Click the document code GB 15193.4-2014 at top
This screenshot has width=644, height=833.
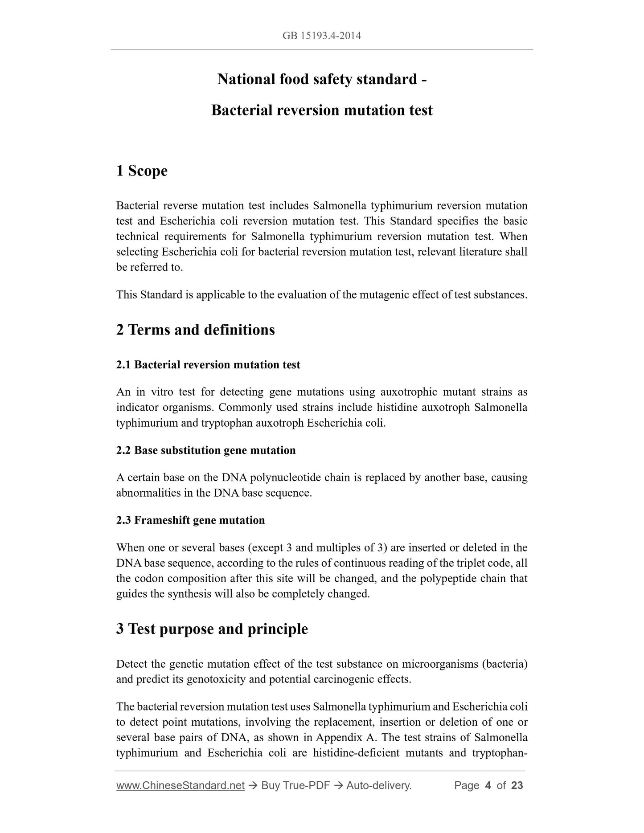321,36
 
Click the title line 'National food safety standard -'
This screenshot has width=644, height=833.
322,79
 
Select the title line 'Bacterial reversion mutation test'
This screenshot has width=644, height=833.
322,110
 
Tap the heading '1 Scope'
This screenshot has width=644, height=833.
142,171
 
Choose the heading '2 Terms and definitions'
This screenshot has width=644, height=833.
195,330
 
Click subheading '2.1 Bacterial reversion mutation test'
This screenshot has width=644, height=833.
208,365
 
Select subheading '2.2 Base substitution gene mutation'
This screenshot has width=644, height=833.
206,450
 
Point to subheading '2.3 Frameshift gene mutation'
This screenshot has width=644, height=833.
190,520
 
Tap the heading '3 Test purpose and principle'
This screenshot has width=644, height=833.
212,629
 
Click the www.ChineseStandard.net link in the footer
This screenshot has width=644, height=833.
180,785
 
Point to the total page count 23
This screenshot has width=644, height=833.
517,785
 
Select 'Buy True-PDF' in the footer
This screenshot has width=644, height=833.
295,785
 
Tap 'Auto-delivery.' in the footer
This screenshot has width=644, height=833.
379,785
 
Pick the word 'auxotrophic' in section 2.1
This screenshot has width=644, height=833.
409,392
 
